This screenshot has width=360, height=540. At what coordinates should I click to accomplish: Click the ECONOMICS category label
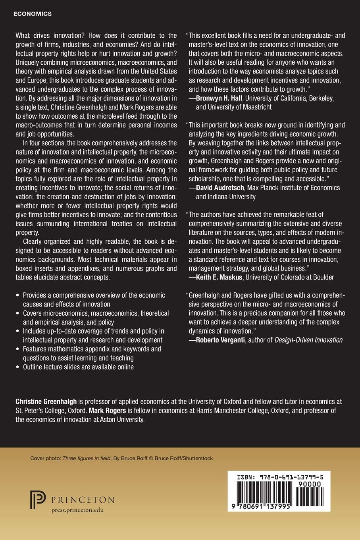33,13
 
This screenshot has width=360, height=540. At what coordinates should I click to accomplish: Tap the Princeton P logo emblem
38,501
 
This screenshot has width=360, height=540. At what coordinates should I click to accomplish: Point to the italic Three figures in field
86,458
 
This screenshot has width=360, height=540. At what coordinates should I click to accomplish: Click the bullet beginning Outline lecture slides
78,367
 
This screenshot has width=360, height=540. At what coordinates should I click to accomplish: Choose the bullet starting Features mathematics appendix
92,349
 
